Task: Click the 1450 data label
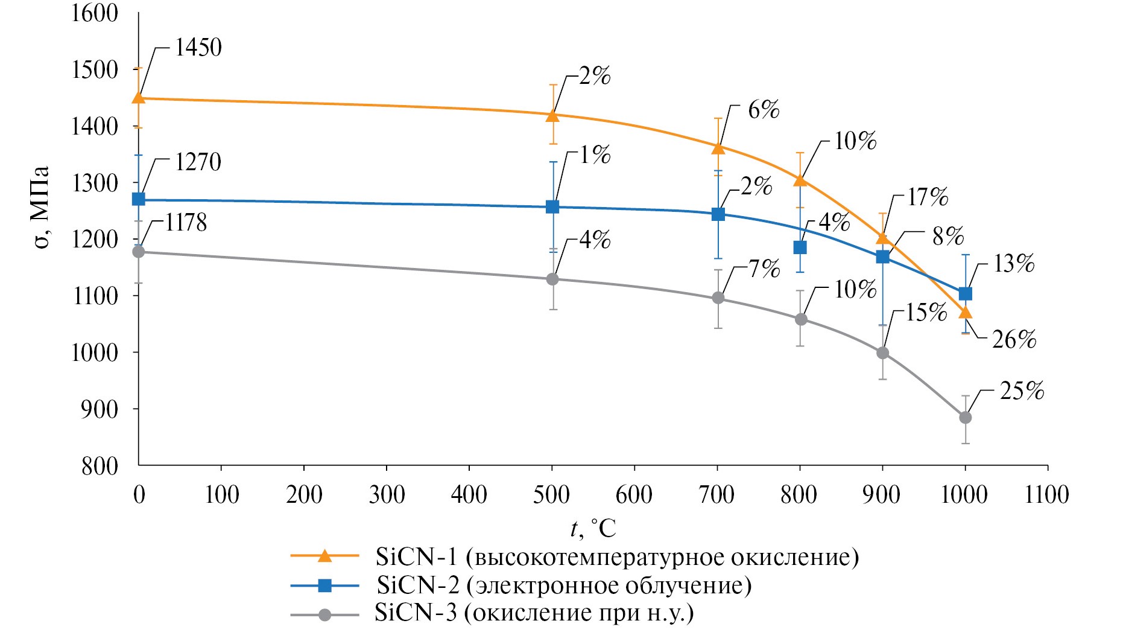[x=198, y=48]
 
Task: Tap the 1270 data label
[x=198, y=162]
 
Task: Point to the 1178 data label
[x=186, y=223]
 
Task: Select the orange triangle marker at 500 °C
[x=552, y=115]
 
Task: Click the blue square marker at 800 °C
[x=800, y=247]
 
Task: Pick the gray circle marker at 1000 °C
[x=965, y=418]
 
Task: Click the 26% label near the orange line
[x=1014, y=340]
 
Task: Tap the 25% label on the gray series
[x=1022, y=391]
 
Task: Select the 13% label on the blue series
[x=1013, y=264]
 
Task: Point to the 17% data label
[x=928, y=197]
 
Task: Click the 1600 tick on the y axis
[x=95, y=13]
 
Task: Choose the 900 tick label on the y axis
[x=101, y=409]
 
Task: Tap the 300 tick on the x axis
[x=387, y=495]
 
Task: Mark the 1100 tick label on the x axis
[x=1047, y=495]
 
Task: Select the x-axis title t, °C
[x=593, y=529]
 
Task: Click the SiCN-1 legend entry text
[x=617, y=557]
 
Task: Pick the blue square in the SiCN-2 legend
[x=325, y=585]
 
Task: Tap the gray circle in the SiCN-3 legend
[x=325, y=614]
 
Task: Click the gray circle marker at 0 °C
[x=139, y=252]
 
